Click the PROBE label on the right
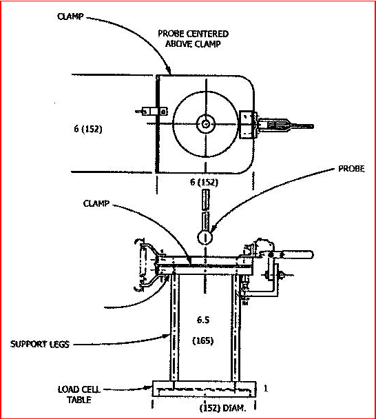coord(351,169)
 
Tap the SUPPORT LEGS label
coord(40,344)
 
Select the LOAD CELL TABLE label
coord(79,394)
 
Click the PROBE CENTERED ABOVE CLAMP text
coord(193,39)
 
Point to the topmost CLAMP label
coord(70,17)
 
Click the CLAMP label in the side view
coord(96,203)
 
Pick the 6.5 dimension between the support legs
coord(203,320)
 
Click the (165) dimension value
coord(203,340)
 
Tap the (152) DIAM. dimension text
coord(222,408)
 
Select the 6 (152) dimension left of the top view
coord(88,129)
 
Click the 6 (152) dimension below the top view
coord(204,182)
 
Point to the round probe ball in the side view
coord(205,237)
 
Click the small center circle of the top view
coord(206,124)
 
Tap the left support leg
coord(174,327)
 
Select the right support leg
coord(236,327)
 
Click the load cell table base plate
coord(205,389)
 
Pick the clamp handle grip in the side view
coord(296,254)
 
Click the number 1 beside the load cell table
coord(266,388)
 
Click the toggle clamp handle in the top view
coord(285,125)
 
